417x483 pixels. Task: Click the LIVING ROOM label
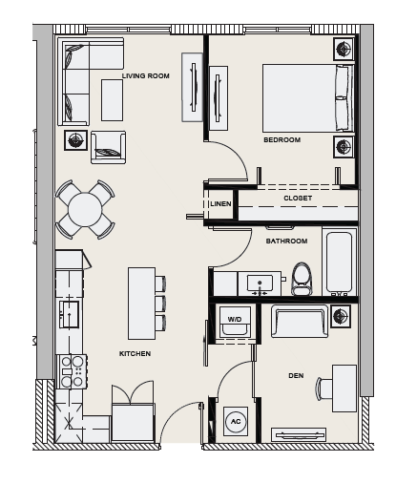coord(146,76)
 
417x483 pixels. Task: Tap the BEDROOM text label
coord(282,140)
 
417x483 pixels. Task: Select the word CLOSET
coord(298,198)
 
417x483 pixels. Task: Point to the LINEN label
coord(220,203)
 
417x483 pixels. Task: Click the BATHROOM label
coord(286,241)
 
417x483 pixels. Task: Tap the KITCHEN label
coord(135,354)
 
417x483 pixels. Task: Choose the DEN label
coord(296,376)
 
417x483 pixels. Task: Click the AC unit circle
coord(236,422)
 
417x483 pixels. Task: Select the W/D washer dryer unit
coord(235,322)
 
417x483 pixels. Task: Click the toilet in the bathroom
coord(302,279)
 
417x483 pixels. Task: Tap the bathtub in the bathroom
coord(340,262)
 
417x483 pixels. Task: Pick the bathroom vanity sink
coord(260,283)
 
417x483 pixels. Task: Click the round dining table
coord(85,209)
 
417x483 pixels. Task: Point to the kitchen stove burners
coord(72,371)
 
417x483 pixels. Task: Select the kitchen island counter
coord(142,304)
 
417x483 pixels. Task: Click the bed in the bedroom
coord(308,98)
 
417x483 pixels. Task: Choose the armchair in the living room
coord(108,147)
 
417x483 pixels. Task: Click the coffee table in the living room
coord(112,100)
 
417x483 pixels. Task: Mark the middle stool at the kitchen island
coord(161,304)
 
